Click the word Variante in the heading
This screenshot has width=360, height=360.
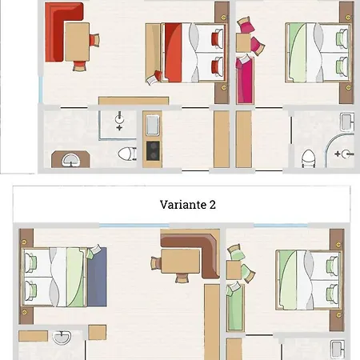[x=183, y=205]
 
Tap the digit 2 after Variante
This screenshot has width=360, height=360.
[x=213, y=205]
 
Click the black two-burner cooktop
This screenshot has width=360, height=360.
[x=153, y=151]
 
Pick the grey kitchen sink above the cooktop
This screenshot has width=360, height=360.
[x=153, y=125]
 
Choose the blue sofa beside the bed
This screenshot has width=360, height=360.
[x=97, y=277]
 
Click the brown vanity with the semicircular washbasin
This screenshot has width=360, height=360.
[x=70, y=159]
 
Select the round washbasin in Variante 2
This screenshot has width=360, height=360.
[x=62, y=338]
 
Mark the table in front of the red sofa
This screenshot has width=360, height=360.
[x=77, y=42]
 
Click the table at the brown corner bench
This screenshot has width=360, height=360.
[x=180, y=262]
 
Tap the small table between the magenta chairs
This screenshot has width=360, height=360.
[x=243, y=42]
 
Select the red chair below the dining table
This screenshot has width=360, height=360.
[x=80, y=66]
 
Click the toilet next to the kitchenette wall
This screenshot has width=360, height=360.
[x=127, y=154]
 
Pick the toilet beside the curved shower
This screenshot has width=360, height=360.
[x=308, y=159]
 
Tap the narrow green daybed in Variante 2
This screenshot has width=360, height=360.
[x=235, y=307]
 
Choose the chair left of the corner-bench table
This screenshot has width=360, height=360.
[x=156, y=263]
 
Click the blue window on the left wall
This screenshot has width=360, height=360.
[x=41, y=90]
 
